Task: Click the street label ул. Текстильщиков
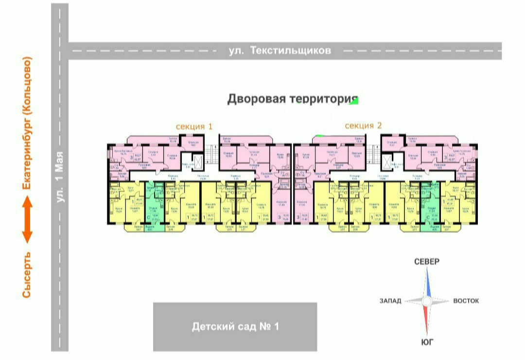tap(280, 51)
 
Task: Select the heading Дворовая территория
tap(289, 99)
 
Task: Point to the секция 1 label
tap(194, 126)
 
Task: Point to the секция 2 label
tap(363, 126)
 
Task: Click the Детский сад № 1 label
tap(235, 326)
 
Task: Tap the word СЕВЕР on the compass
tap(426, 262)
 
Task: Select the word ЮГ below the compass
tap(427, 342)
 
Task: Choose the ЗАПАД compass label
tap(390, 301)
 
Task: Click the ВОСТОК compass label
tap(466, 301)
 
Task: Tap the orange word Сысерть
tap(27, 275)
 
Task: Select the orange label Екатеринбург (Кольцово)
tap(27, 124)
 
